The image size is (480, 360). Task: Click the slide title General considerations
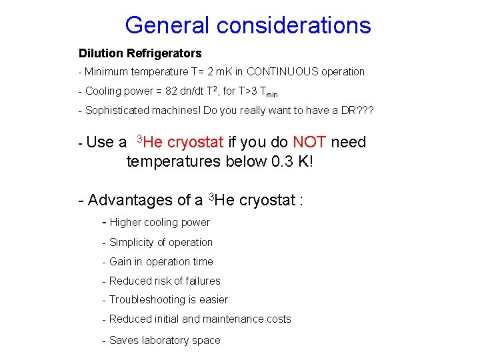[247, 25]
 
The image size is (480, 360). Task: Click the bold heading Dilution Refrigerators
[140, 53]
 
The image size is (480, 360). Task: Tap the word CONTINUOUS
[283, 71]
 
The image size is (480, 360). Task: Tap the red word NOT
[309, 142]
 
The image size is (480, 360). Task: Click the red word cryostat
[195, 142]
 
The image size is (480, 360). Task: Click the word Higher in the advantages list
[127, 222]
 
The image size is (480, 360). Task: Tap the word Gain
[121, 261]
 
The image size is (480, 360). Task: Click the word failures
[203, 281]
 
